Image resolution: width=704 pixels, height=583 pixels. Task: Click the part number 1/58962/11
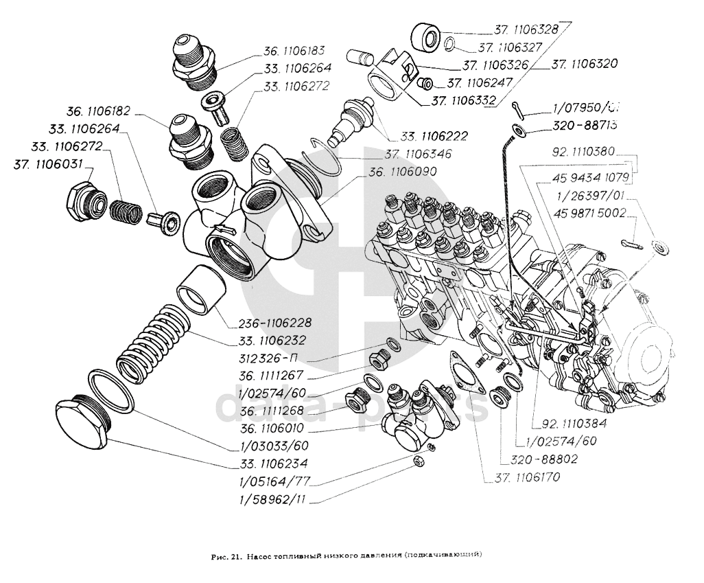(x=269, y=499)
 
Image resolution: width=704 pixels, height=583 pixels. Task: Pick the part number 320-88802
(x=539, y=459)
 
